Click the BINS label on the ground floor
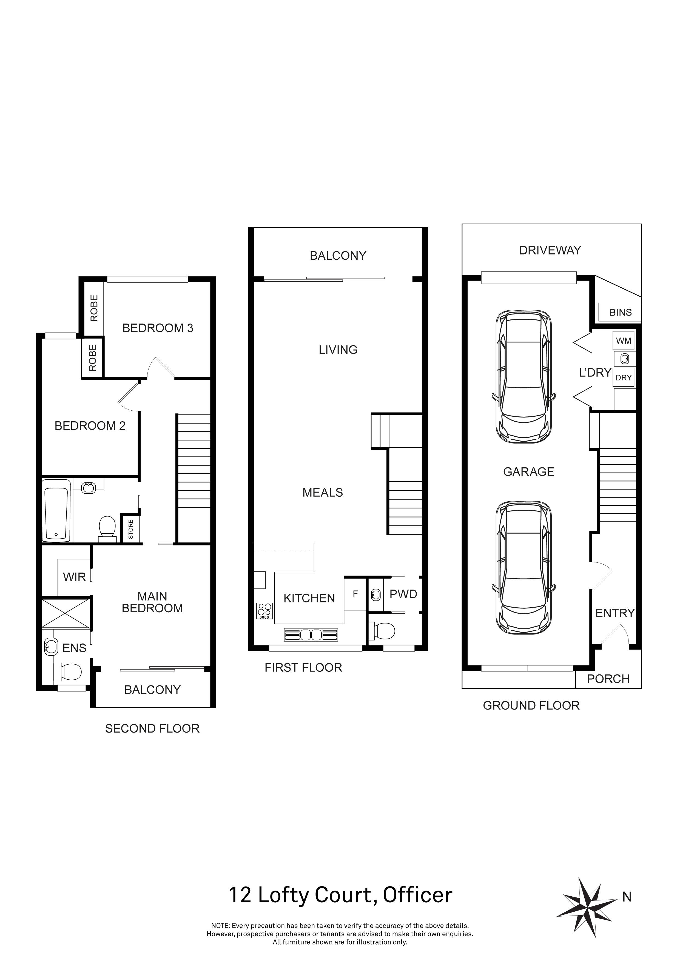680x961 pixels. (620, 312)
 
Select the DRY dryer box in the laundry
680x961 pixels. (624, 377)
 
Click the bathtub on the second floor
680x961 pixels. (56, 510)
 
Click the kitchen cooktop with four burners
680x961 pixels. (264, 611)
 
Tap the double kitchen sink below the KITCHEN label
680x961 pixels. (310, 634)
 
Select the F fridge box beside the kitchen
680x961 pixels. (355, 594)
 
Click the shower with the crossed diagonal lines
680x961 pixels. (66, 613)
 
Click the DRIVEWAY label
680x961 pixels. (550, 250)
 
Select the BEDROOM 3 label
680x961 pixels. (158, 328)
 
